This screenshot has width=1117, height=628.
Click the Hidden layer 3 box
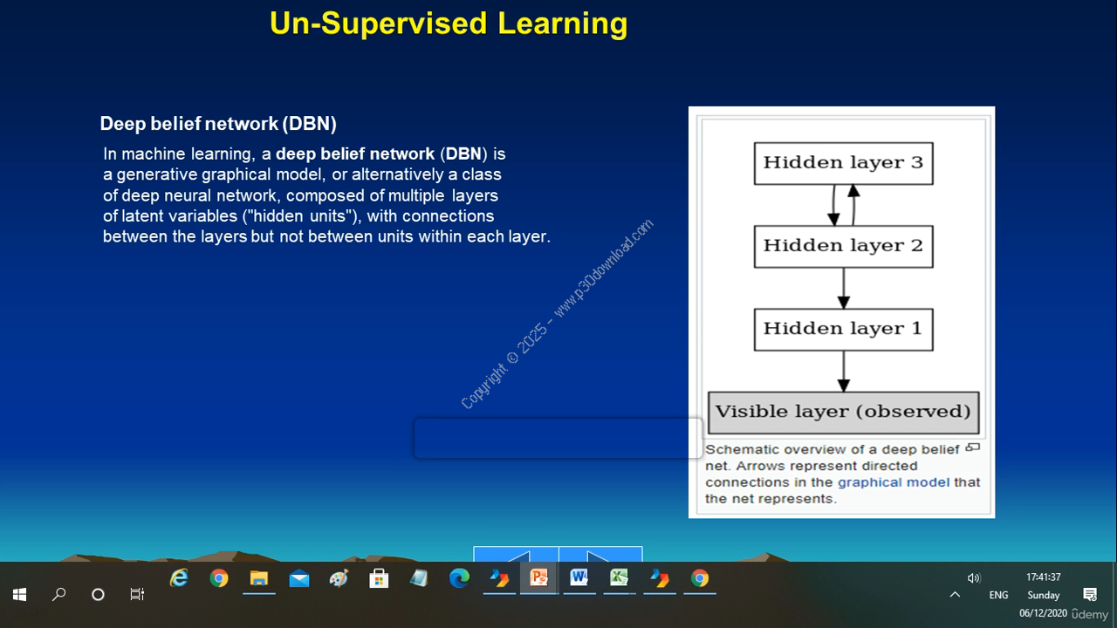coord(843,163)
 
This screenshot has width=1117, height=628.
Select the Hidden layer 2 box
coord(843,247)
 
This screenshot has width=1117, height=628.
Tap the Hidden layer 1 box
coord(843,330)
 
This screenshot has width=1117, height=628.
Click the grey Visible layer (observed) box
coord(843,413)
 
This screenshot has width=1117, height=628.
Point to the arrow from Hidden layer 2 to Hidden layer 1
coord(843,288)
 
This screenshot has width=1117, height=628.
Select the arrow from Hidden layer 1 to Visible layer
coord(843,372)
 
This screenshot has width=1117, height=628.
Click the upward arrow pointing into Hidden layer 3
coord(853,205)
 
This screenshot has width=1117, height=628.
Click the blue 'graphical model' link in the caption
coord(893,482)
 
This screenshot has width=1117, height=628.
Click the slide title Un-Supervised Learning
coord(449,24)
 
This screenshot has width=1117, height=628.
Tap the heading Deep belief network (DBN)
coord(218,124)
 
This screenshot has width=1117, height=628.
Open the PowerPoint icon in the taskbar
coord(538,578)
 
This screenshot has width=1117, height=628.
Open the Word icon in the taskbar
coord(579,578)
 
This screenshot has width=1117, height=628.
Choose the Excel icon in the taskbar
coord(619,578)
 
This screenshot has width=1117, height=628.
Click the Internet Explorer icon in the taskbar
coord(179,578)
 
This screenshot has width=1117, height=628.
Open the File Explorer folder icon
coord(259,578)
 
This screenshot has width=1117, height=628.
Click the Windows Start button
coord(19,594)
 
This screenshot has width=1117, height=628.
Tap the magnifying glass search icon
coord(58,594)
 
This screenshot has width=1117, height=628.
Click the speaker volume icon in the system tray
coord(974,577)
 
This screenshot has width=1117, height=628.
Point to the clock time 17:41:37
coord(1043,577)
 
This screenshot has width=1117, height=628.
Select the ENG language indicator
coord(998,595)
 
